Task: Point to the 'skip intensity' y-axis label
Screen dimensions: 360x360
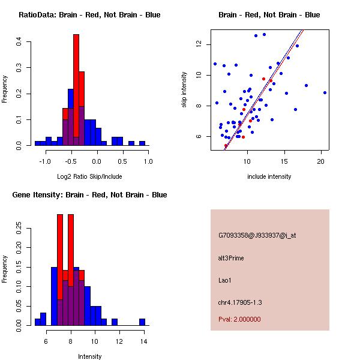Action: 185,90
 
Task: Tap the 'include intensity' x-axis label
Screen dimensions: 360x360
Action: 269,176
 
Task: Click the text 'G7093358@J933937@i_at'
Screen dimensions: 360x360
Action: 257,235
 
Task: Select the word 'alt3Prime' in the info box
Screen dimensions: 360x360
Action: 231,258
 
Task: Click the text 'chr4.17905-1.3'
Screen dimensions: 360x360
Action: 240,302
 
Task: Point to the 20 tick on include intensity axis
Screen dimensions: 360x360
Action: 321,161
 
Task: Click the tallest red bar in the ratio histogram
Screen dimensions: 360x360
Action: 76,90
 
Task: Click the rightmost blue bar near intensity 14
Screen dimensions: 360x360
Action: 142,322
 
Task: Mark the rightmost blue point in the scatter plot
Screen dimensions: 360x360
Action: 325,92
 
